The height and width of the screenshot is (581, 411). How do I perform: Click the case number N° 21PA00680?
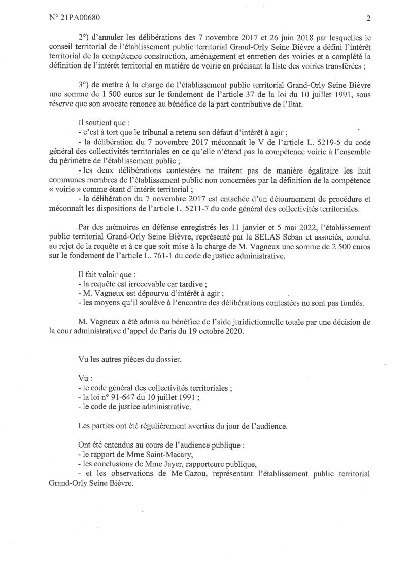(x=75, y=17)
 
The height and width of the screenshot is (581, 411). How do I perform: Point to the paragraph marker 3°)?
(x=85, y=86)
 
